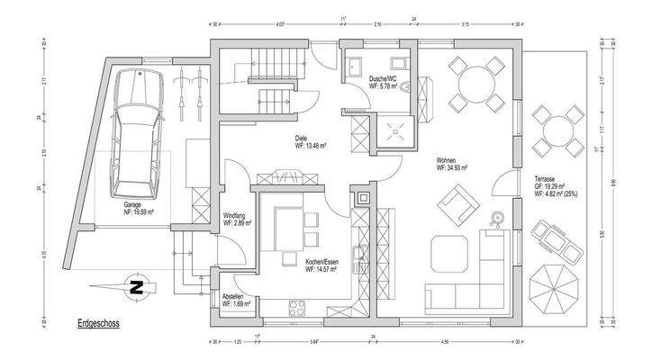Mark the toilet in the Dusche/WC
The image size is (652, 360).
pos(407,87)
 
